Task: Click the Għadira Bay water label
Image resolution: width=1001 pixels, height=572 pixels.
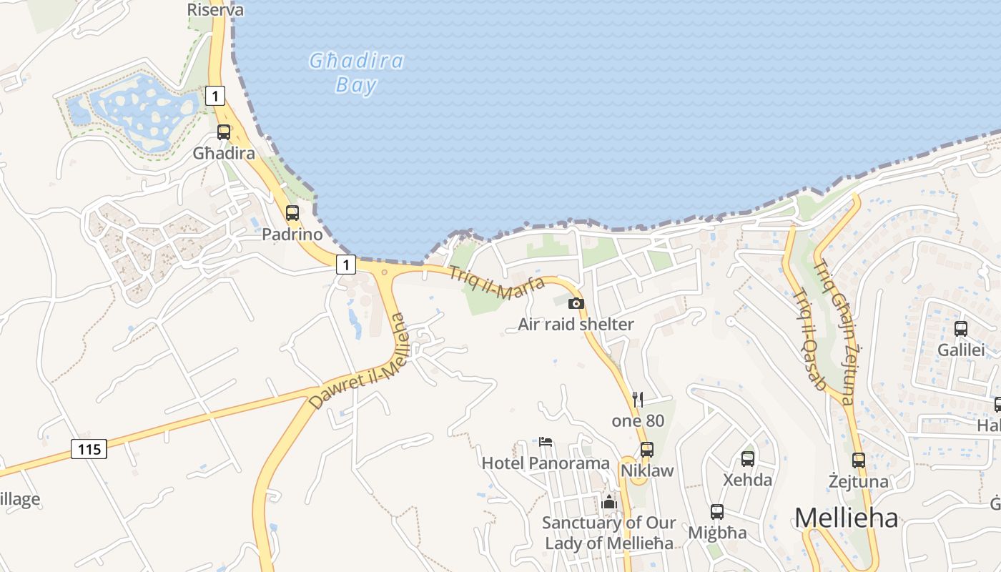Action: [356, 73]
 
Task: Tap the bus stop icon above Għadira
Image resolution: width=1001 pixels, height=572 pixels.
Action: [224, 132]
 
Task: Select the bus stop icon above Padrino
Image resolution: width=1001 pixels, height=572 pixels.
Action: [292, 212]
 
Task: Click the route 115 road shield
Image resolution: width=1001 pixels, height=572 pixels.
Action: [89, 449]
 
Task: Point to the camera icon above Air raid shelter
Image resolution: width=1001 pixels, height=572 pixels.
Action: [576, 303]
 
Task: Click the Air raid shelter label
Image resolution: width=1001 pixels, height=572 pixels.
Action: [576, 325]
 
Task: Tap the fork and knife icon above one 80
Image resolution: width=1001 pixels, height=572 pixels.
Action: [638, 399]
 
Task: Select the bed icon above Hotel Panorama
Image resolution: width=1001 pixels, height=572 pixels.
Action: [546, 442]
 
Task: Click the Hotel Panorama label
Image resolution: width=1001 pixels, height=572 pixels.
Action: [546, 463]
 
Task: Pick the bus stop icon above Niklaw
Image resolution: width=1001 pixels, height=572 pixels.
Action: [647, 450]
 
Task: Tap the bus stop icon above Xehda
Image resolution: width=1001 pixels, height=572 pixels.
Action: [748, 459]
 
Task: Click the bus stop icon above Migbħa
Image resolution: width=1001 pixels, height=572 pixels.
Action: [717, 512]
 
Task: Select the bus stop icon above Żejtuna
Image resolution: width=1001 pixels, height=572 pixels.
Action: [859, 460]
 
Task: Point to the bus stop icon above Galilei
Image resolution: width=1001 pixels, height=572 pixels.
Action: [961, 329]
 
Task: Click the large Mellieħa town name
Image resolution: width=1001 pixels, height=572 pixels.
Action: [846, 518]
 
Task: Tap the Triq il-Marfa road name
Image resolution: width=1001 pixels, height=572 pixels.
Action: [497, 283]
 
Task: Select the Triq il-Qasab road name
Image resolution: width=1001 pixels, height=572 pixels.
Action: [810, 338]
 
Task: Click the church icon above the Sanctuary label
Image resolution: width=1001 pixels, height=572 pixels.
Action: [609, 502]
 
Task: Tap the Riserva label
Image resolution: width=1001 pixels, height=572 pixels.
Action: [215, 10]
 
